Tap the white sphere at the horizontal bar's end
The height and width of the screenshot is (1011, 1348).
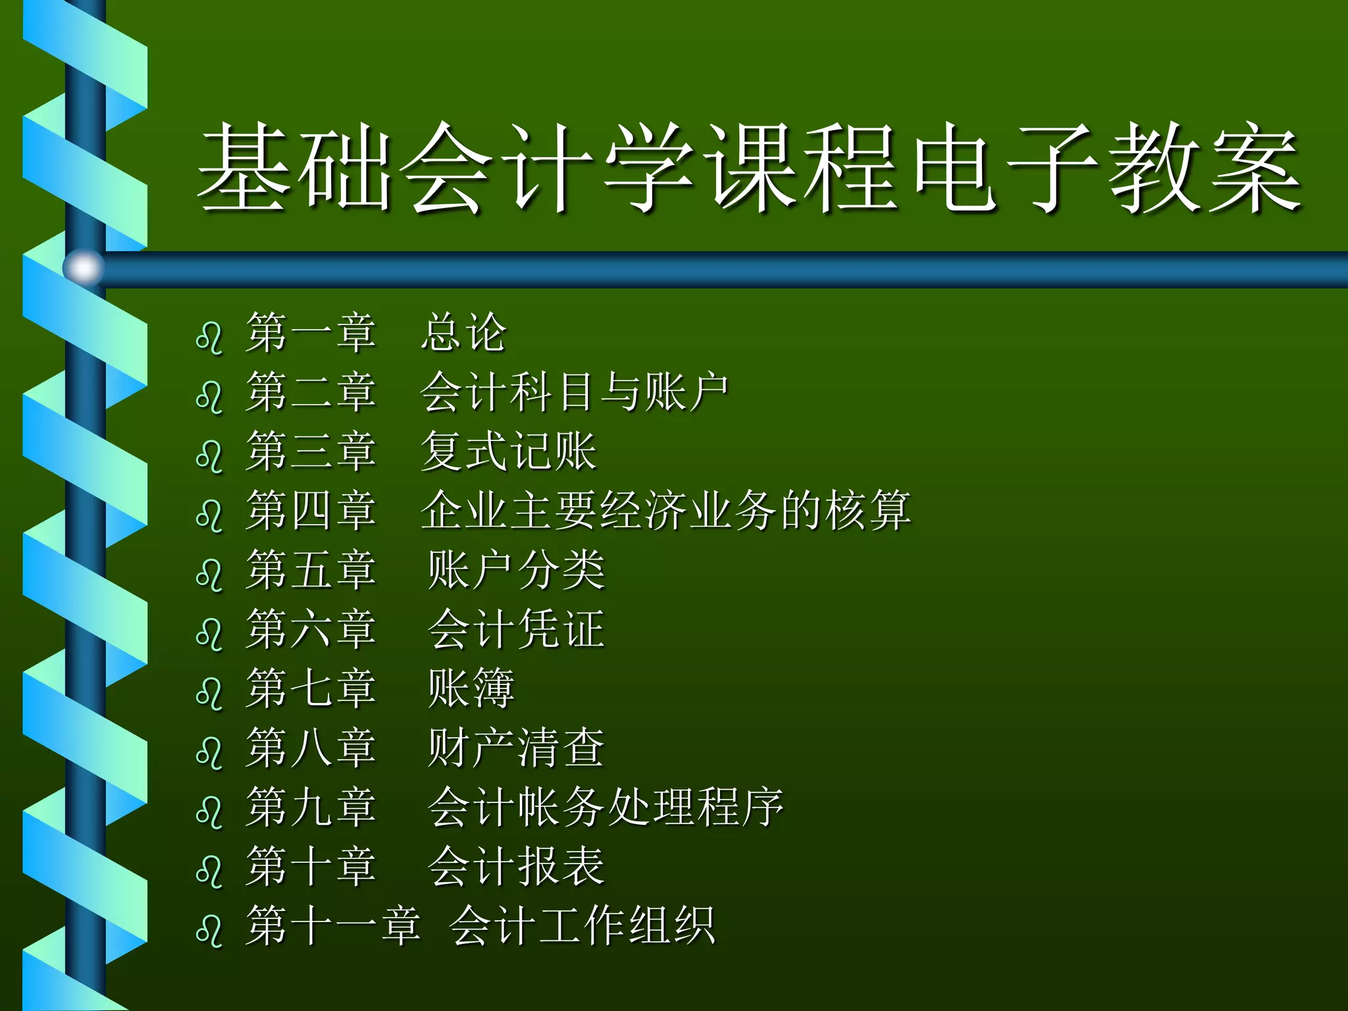(x=84, y=269)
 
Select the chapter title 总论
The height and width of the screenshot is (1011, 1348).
(x=464, y=332)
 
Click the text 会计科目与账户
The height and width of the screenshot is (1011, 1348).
(x=574, y=392)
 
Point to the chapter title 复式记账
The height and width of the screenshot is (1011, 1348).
(x=508, y=452)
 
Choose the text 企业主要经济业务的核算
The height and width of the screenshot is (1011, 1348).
(x=665, y=511)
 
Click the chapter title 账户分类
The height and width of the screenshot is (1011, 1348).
(x=516, y=570)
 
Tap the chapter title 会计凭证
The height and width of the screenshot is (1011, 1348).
(x=516, y=629)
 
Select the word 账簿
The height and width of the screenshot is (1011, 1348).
(x=471, y=688)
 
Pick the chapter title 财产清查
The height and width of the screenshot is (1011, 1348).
(x=516, y=748)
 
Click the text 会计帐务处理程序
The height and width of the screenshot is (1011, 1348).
(x=606, y=807)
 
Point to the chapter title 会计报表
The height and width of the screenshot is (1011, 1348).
(x=516, y=866)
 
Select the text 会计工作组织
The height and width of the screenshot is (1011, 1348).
(x=582, y=925)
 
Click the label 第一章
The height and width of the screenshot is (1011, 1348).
(x=311, y=332)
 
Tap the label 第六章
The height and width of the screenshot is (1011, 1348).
(x=311, y=629)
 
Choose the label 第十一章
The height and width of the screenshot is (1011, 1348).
(x=333, y=925)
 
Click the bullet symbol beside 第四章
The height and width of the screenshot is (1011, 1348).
(x=209, y=515)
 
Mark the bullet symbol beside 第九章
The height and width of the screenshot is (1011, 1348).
(x=209, y=812)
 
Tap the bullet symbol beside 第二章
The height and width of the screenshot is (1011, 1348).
(x=209, y=397)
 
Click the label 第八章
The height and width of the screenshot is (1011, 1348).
(x=311, y=748)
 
